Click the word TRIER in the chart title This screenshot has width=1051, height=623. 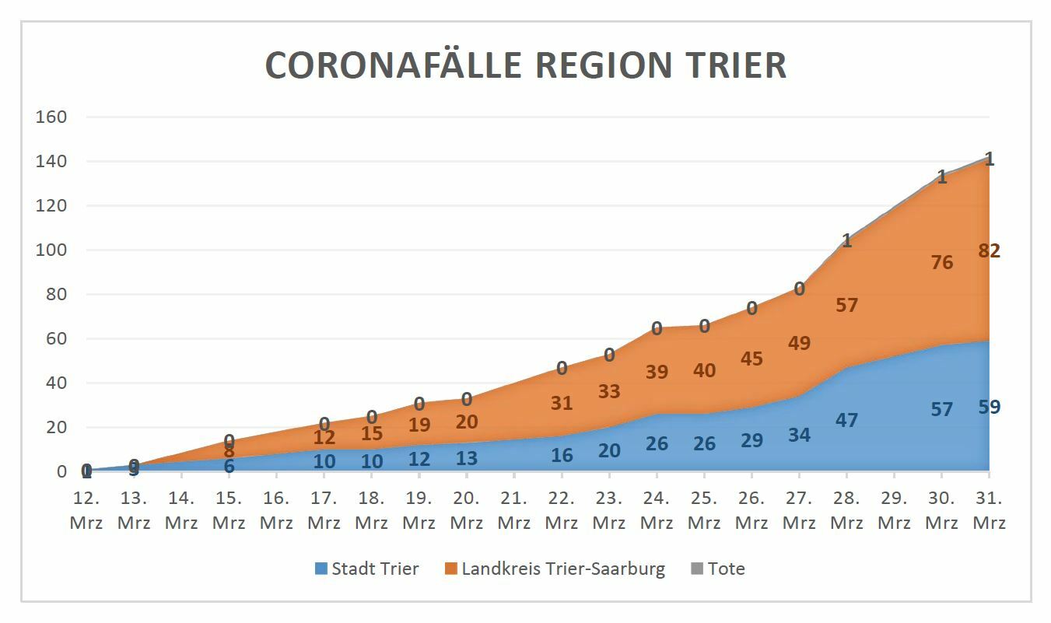[736, 65]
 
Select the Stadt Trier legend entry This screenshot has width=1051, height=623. [366, 569]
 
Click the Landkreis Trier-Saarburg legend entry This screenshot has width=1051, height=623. [555, 569]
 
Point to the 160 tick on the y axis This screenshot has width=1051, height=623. [51, 117]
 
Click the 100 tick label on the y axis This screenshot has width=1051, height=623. [51, 250]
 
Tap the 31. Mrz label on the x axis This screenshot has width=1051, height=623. [989, 509]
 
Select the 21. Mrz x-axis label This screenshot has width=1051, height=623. [513, 509]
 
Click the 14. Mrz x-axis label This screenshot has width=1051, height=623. [181, 509]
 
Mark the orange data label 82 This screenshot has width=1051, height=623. [990, 250]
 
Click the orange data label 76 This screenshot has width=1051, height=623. [941, 263]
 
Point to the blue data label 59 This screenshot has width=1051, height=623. [990, 407]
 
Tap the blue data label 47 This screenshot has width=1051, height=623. [846, 421]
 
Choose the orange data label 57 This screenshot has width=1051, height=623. [846, 306]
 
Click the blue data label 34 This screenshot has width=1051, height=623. [799, 436]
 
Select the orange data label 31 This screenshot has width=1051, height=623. [561, 404]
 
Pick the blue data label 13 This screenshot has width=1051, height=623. [466, 459]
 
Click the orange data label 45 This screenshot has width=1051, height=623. [751, 359]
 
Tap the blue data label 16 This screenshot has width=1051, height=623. [561, 456]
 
